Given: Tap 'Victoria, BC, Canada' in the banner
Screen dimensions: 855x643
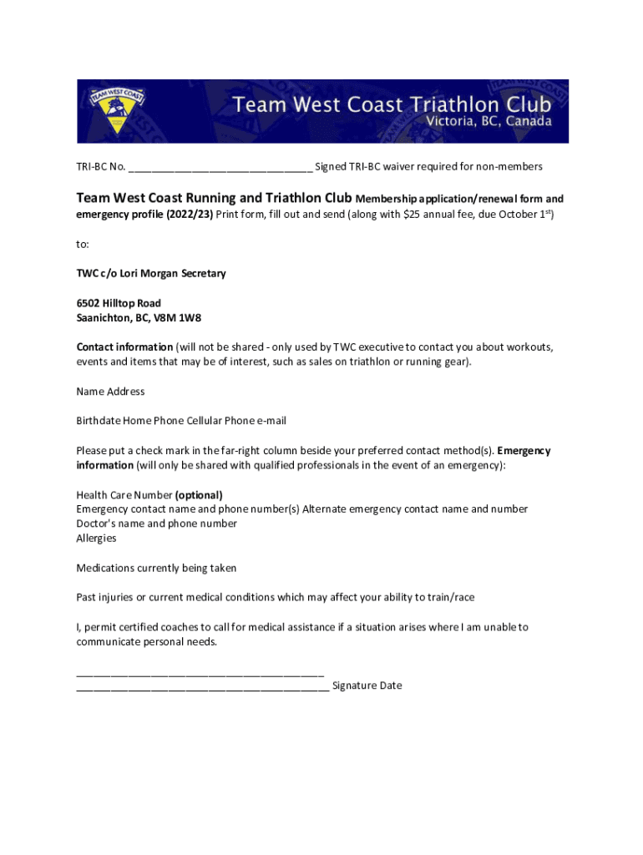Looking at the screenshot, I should [x=489, y=122].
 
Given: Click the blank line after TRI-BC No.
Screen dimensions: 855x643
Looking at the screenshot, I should [x=220, y=167].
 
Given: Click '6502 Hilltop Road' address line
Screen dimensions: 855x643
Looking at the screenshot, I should [x=119, y=303].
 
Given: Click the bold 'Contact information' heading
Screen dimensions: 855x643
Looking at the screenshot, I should [x=124, y=347].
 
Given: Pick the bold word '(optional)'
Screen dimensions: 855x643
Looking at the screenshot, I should [x=199, y=494].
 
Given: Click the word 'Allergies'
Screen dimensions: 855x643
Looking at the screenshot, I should [x=96, y=539].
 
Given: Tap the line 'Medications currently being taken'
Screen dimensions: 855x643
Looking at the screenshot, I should [x=156, y=568].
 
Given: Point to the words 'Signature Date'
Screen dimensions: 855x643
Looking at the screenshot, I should [x=367, y=686].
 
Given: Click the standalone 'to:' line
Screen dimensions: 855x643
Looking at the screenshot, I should [x=82, y=244].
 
